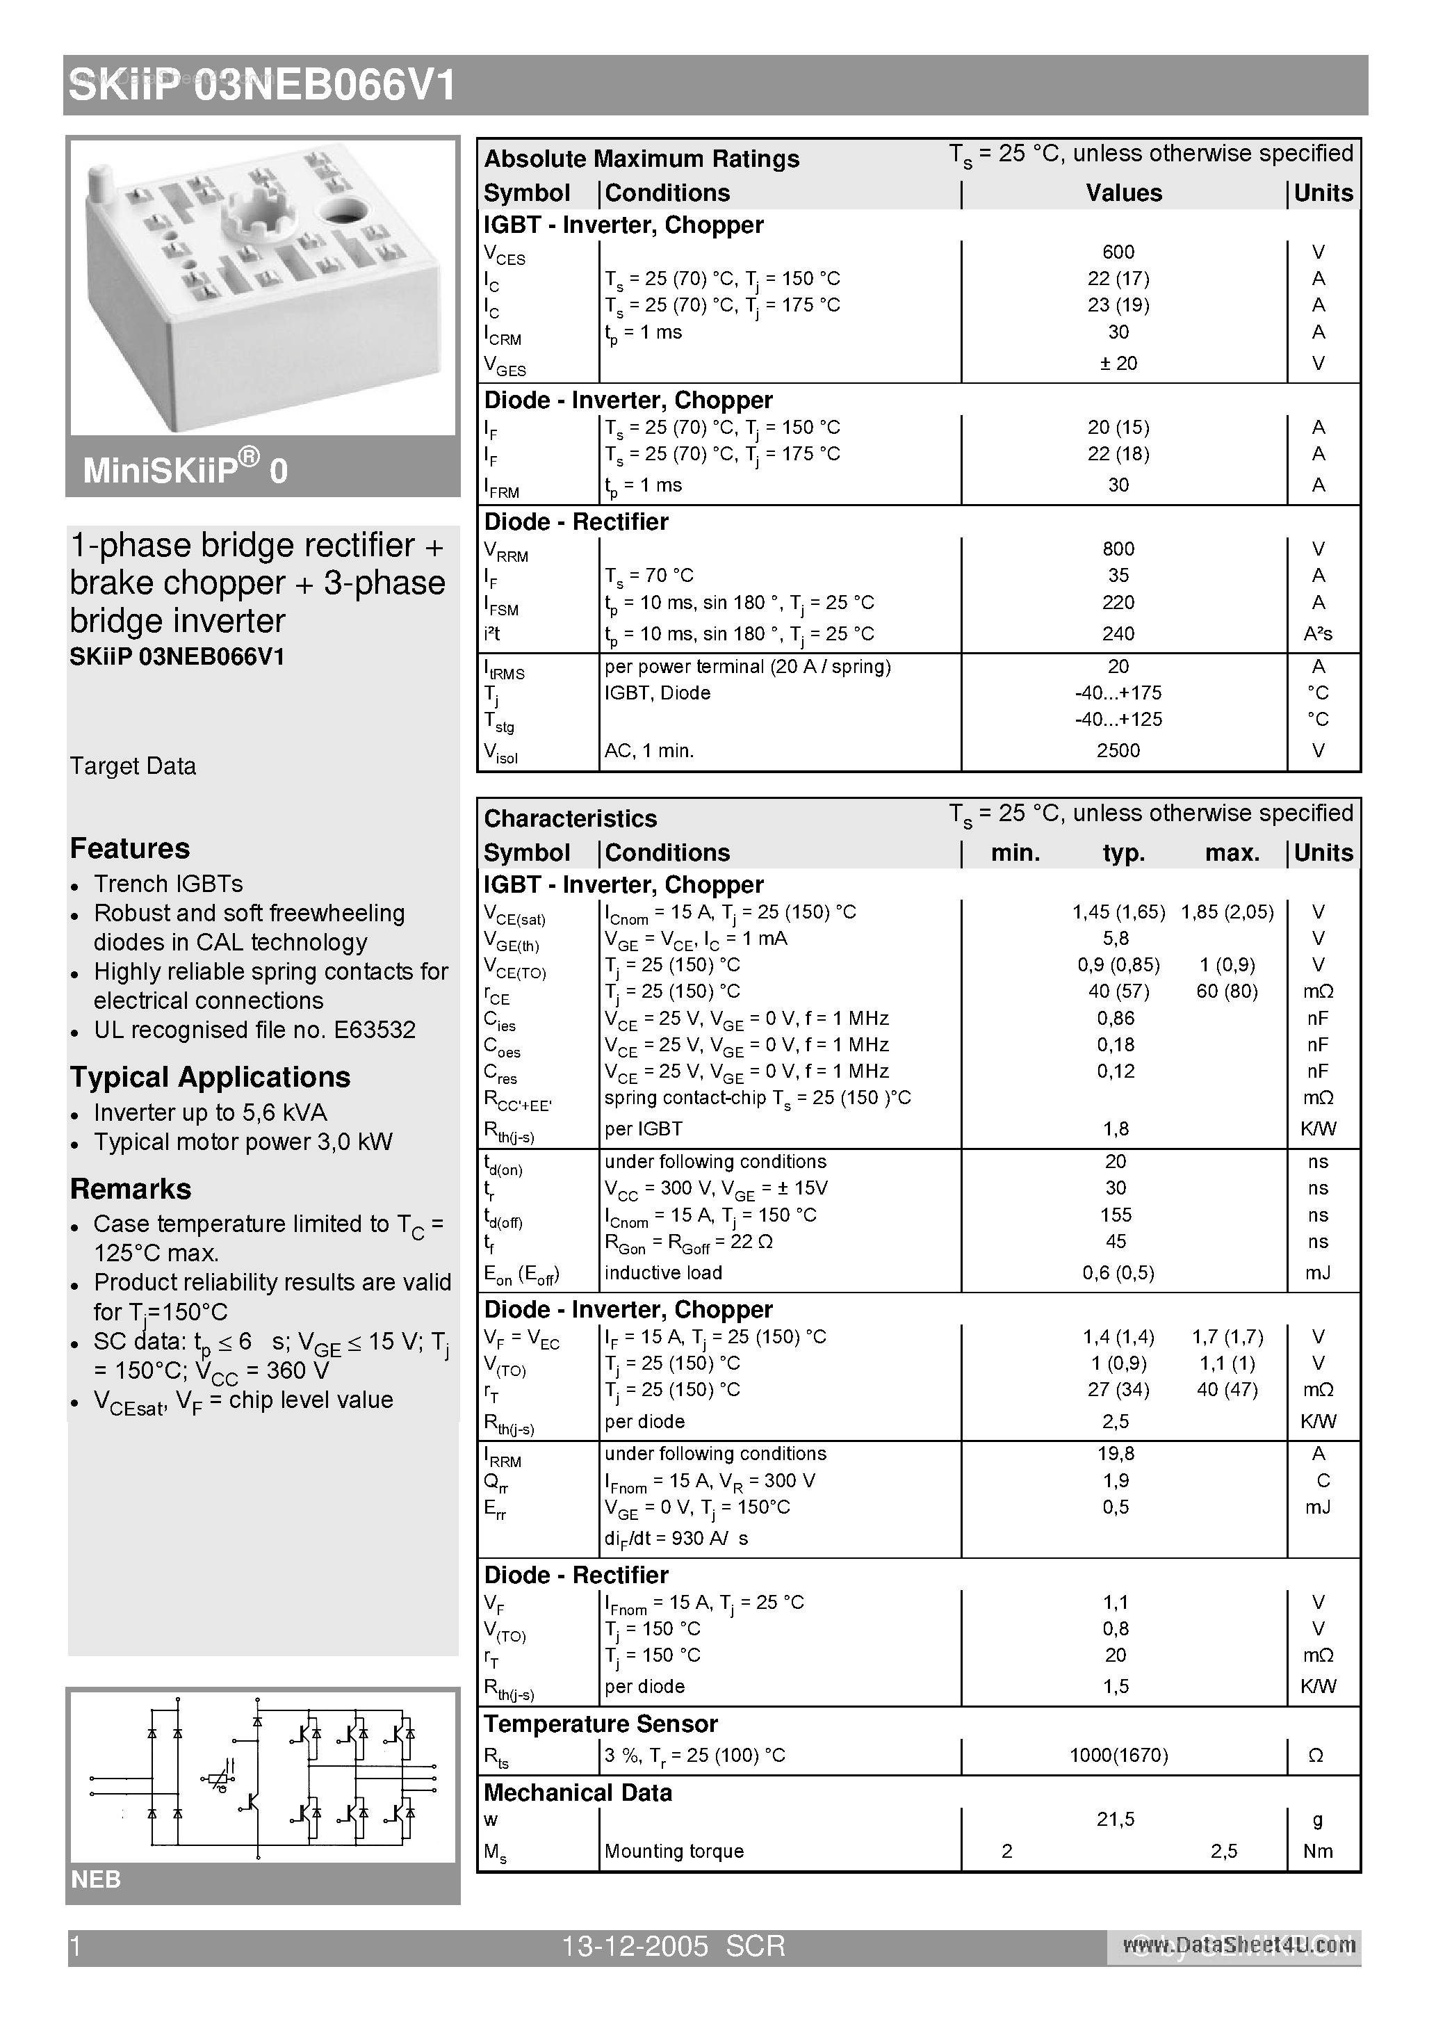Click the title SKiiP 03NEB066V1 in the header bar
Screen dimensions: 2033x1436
[263, 87]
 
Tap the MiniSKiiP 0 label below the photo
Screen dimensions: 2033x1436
[185, 469]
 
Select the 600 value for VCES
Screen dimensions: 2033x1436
[1118, 252]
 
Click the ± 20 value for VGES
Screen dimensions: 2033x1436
[1118, 363]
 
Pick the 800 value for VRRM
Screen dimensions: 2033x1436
[1118, 549]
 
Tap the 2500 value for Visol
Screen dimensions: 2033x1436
[1118, 751]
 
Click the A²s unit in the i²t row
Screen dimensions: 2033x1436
[1316, 634]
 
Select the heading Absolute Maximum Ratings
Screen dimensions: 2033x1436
[642, 159]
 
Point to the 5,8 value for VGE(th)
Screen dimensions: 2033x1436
[1116, 939]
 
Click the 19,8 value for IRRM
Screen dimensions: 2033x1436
[1116, 1454]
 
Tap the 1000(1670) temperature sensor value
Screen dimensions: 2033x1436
[1118, 1755]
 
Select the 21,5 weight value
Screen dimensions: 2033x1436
[1116, 1820]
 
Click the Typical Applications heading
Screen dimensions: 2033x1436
[210, 1077]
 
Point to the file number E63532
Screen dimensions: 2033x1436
[375, 1030]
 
